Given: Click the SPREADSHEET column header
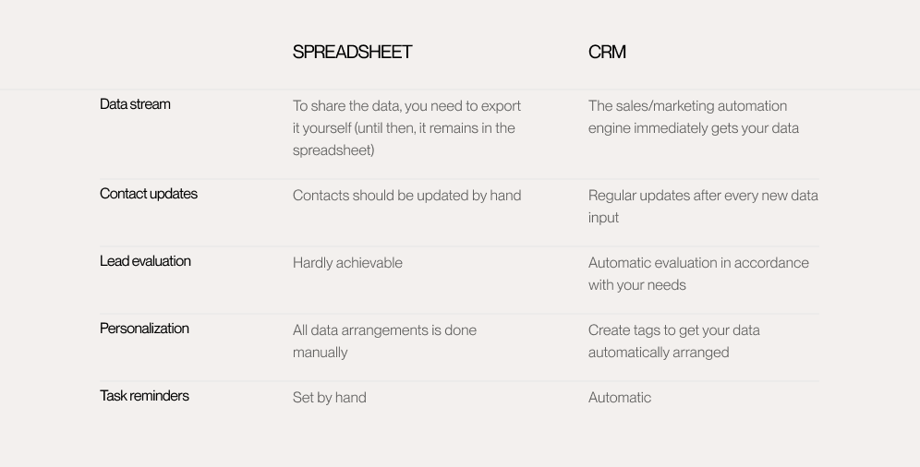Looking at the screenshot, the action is click(352, 53).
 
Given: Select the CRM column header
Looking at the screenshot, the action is click(607, 53).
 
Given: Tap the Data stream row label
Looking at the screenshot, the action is click(135, 104).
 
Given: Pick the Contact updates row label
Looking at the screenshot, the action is click(149, 194).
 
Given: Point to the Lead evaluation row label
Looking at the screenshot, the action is click(145, 261).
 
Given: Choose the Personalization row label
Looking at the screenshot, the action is click(144, 329).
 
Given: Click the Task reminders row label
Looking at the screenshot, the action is click(144, 396).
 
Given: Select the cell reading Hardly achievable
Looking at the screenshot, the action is click(347, 263).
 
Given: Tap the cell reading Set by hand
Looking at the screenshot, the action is click(329, 398).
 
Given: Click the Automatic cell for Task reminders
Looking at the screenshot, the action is click(620, 398).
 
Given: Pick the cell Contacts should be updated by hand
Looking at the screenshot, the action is click(406, 196).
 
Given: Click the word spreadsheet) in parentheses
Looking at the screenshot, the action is click(333, 150).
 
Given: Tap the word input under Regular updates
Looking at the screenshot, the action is click(604, 218).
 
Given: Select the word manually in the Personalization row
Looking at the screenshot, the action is click(320, 353).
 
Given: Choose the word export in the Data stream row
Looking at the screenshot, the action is click(501, 107).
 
